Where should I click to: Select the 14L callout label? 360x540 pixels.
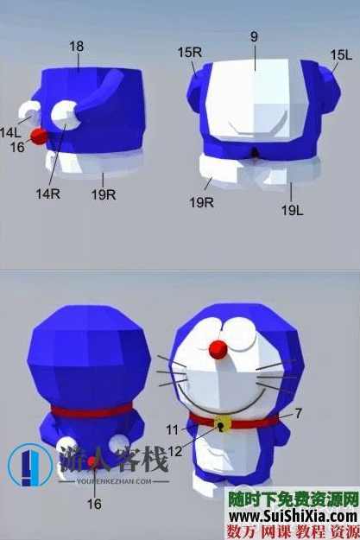point(10,133)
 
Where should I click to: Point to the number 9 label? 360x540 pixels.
point(255,38)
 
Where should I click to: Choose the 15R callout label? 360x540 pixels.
point(189,53)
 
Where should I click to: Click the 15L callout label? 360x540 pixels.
point(340,54)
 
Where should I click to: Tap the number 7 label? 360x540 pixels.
point(298,414)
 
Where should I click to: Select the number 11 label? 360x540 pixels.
point(173,429)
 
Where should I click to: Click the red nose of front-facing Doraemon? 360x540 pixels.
point(219,348)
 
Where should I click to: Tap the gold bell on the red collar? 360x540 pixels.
point(223,424)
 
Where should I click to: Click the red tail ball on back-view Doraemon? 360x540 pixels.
point(92,461)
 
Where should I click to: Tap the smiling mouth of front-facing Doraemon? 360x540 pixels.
point(220,402)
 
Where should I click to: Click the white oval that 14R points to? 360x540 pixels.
point(64,113)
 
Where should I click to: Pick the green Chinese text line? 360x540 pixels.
point(293,499)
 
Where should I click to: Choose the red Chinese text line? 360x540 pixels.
point(293,531)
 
